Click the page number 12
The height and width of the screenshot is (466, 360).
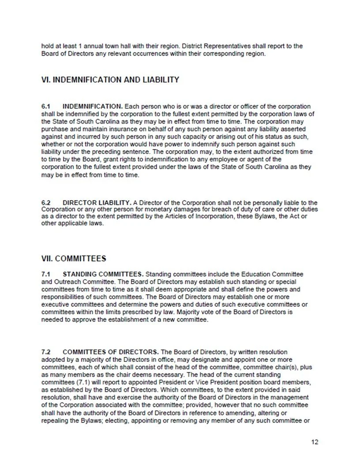314,442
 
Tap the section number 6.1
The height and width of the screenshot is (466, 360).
46,107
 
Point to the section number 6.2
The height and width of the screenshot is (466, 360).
46,203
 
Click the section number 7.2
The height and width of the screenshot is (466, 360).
46,352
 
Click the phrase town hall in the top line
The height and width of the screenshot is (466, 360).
115,45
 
